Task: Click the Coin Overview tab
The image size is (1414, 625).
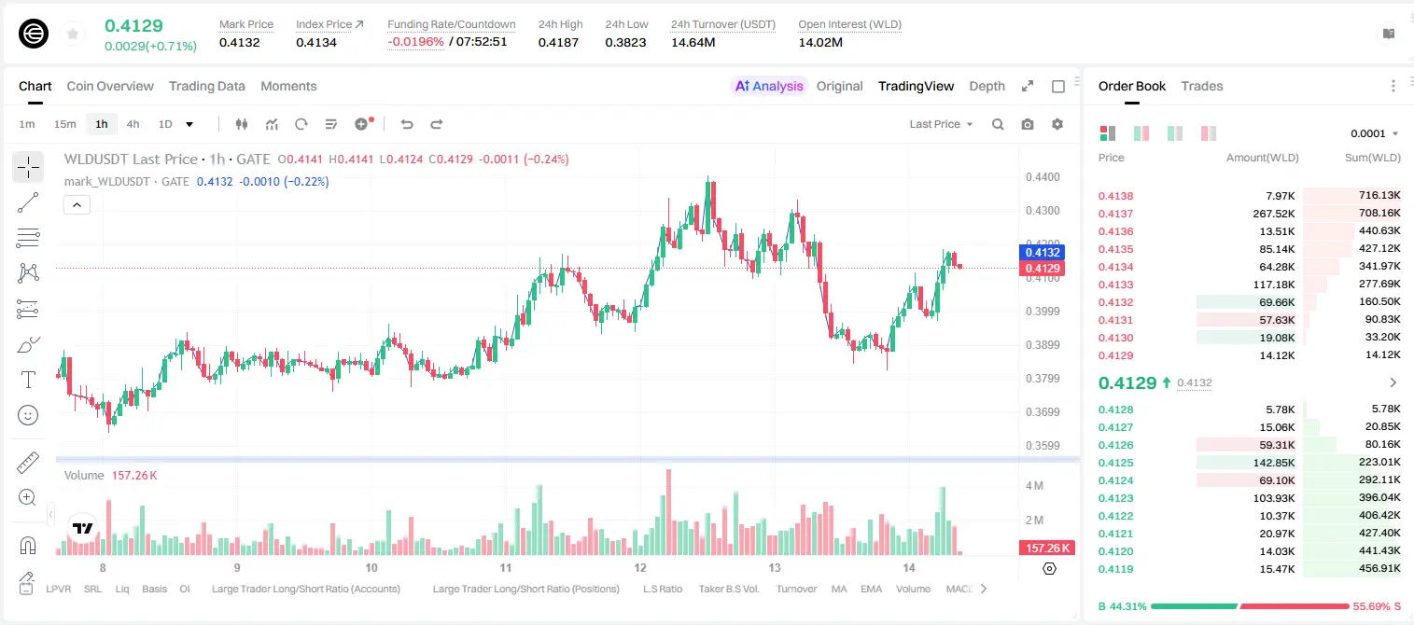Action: pos(110,86)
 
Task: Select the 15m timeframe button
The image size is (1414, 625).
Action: pos(64,124)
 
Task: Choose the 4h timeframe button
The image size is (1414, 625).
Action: pos(133,124)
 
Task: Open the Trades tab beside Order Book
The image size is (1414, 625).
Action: pos(1202,86)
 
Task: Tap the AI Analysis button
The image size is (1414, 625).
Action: pos(769,86)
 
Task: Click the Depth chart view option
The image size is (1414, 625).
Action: pos(987,86)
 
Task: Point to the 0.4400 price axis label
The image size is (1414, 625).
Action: pos(1043,177)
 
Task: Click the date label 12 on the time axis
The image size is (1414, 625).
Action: pos(640,567)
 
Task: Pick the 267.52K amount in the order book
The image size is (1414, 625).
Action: pos(1274,214)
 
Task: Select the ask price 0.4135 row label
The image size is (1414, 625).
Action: pos(1115,249)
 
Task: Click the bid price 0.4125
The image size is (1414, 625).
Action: pos(1115,463)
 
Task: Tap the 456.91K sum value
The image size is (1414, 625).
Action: pos(1379,568)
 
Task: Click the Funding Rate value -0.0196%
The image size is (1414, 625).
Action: pos(415,42)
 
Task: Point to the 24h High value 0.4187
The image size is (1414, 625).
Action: pos(558,42)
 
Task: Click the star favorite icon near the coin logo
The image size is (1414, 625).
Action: pos(73,34)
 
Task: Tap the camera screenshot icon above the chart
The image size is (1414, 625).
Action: pos(1028,124)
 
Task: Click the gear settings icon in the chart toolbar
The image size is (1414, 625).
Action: pos(1057,124)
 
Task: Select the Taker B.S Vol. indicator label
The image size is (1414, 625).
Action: pos(728,589)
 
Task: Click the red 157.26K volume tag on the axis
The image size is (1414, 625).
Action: pos(1047,549)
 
